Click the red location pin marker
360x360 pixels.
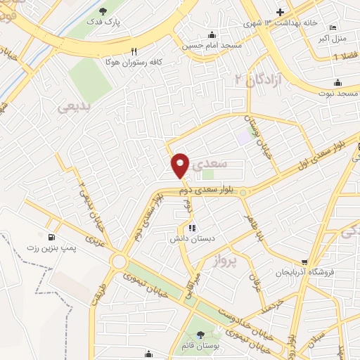[181, 165]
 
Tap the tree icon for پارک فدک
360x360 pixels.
[103, 11]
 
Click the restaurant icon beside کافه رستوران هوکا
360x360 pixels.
[134, 51]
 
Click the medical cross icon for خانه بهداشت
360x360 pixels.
[281, 12]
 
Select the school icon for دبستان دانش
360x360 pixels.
[191, 227]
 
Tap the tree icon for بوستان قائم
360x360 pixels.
[202, 334]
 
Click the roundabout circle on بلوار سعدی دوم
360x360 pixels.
[243, 193]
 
